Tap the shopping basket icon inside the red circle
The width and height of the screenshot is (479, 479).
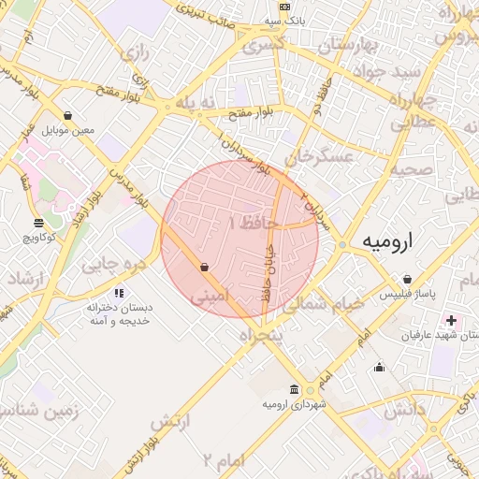pos(204,268)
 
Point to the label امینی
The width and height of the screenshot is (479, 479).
pos(209,298)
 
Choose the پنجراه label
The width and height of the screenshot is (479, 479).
pos(261,334)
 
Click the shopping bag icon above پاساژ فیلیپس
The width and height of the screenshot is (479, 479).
pos(408,279)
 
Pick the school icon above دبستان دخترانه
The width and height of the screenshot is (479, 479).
pos(119,294)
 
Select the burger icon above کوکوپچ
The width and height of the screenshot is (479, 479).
pos(38,224)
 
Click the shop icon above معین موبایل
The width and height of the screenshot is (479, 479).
pos(68,116)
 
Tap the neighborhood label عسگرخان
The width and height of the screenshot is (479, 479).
pos(322,155)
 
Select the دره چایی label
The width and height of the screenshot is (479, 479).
pos(115,265)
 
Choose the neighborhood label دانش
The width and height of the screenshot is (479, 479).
pos(403,407)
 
